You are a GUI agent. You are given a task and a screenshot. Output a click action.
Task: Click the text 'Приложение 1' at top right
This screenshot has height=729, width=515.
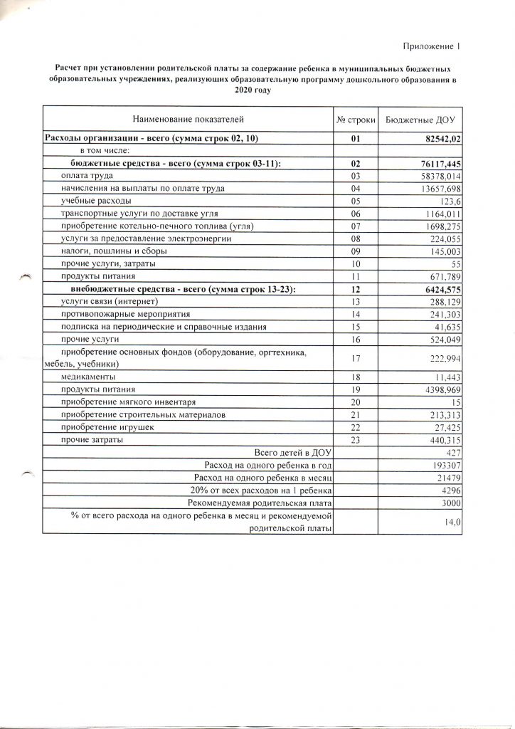[x=432, y=46]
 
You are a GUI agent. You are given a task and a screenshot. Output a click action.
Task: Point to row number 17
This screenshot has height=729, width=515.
[x=356, y=358]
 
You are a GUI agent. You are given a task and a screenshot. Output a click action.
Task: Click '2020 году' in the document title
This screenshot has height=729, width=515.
[x=253, y=90]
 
